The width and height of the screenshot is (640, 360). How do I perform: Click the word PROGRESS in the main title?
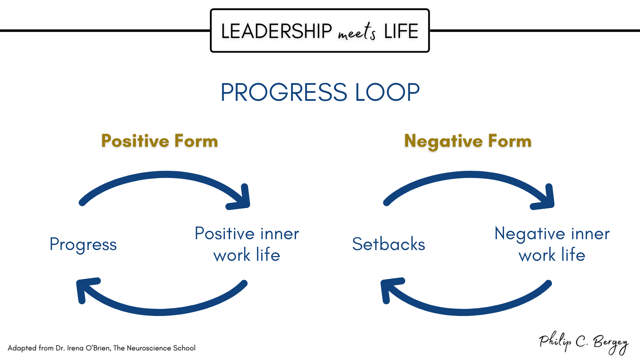(x=284, y=92)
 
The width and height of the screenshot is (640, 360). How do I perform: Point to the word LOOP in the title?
(x=388, y=92)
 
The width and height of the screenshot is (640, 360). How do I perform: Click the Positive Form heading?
(x=160, y=141)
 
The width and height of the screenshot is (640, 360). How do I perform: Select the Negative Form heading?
(x=468, y=142)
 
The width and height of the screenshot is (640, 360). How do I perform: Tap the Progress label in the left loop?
(x=83, y=245)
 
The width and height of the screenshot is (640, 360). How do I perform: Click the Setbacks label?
(x=388, y=244)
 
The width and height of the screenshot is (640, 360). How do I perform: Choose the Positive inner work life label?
(x=247, y=244)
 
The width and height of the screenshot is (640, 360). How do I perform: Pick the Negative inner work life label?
(x=552, y=244)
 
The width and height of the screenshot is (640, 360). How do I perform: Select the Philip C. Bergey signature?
(x=584, y=342)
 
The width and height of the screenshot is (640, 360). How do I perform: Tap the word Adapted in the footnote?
(x=22, y=348)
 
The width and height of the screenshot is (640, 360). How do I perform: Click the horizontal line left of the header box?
(x=105, y=30)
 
